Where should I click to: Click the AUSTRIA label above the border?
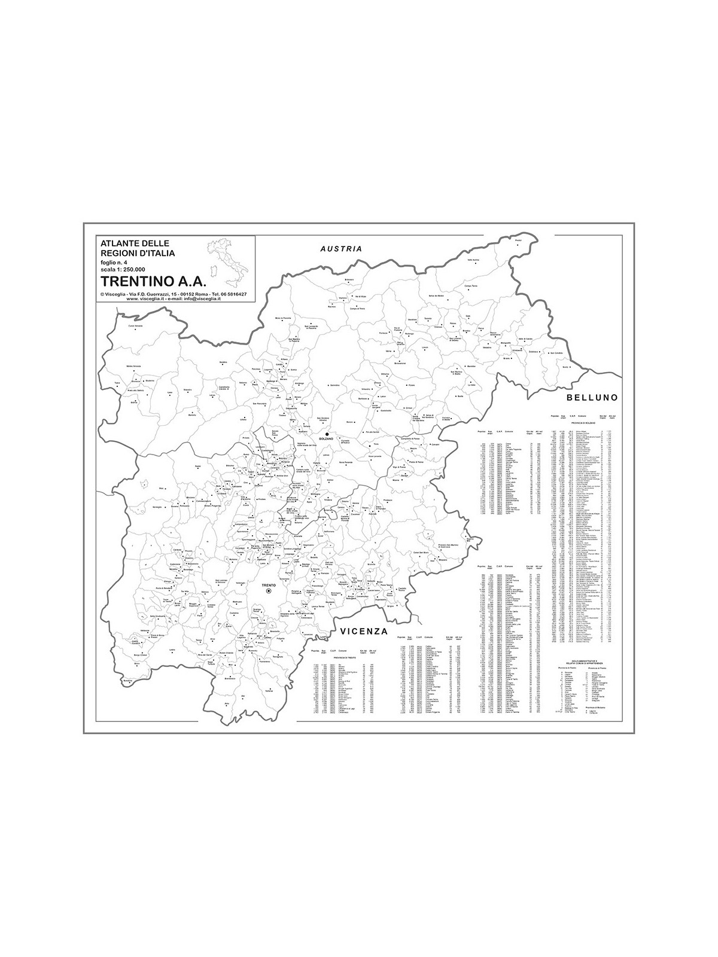tap(341, 249)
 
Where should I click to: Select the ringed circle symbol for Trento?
tap(269, 591)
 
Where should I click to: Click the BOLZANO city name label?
tap(325, 440)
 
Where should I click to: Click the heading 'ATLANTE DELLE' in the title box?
tap(135, 243)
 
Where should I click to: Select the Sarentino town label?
tap(334, 385)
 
